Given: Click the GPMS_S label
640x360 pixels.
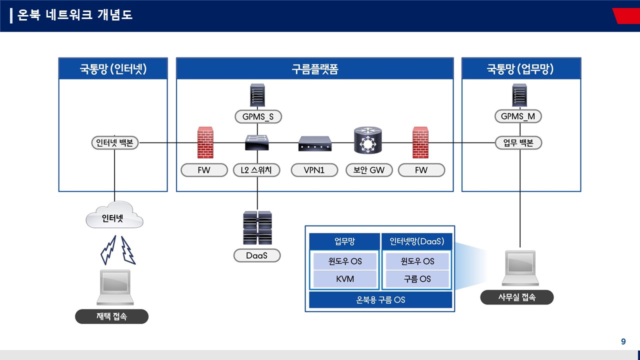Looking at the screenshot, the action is point(258,116).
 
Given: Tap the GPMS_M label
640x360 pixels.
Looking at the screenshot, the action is point(518,116).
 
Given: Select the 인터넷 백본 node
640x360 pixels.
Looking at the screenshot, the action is point(115,142).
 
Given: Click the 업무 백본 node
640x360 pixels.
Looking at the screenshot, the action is point(518,142).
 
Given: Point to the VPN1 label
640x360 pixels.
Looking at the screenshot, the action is point(314,170).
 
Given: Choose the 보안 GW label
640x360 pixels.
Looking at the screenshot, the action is point(369,170).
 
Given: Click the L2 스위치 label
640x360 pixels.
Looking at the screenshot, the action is point(256,170).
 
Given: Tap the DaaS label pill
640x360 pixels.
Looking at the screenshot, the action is point(257,255).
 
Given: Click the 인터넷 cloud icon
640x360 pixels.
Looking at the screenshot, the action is point(114,215).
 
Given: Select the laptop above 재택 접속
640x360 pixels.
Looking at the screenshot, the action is point(115,287).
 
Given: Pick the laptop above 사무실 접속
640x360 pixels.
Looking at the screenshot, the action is point(520,268).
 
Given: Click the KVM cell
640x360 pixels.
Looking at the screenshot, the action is point(345,279).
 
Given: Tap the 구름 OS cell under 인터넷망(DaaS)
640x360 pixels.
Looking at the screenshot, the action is point(417,279).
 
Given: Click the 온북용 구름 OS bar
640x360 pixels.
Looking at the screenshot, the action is point(380,299).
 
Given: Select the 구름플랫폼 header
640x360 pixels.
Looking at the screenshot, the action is point(315,68).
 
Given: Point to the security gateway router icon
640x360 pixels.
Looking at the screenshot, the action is point(367,140).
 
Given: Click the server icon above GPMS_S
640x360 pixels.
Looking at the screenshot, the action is point(257,95).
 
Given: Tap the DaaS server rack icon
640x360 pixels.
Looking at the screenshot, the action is point(257,227).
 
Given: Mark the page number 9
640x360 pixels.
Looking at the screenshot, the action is point(623,341).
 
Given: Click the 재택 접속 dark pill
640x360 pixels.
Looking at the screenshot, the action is point(111,316).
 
